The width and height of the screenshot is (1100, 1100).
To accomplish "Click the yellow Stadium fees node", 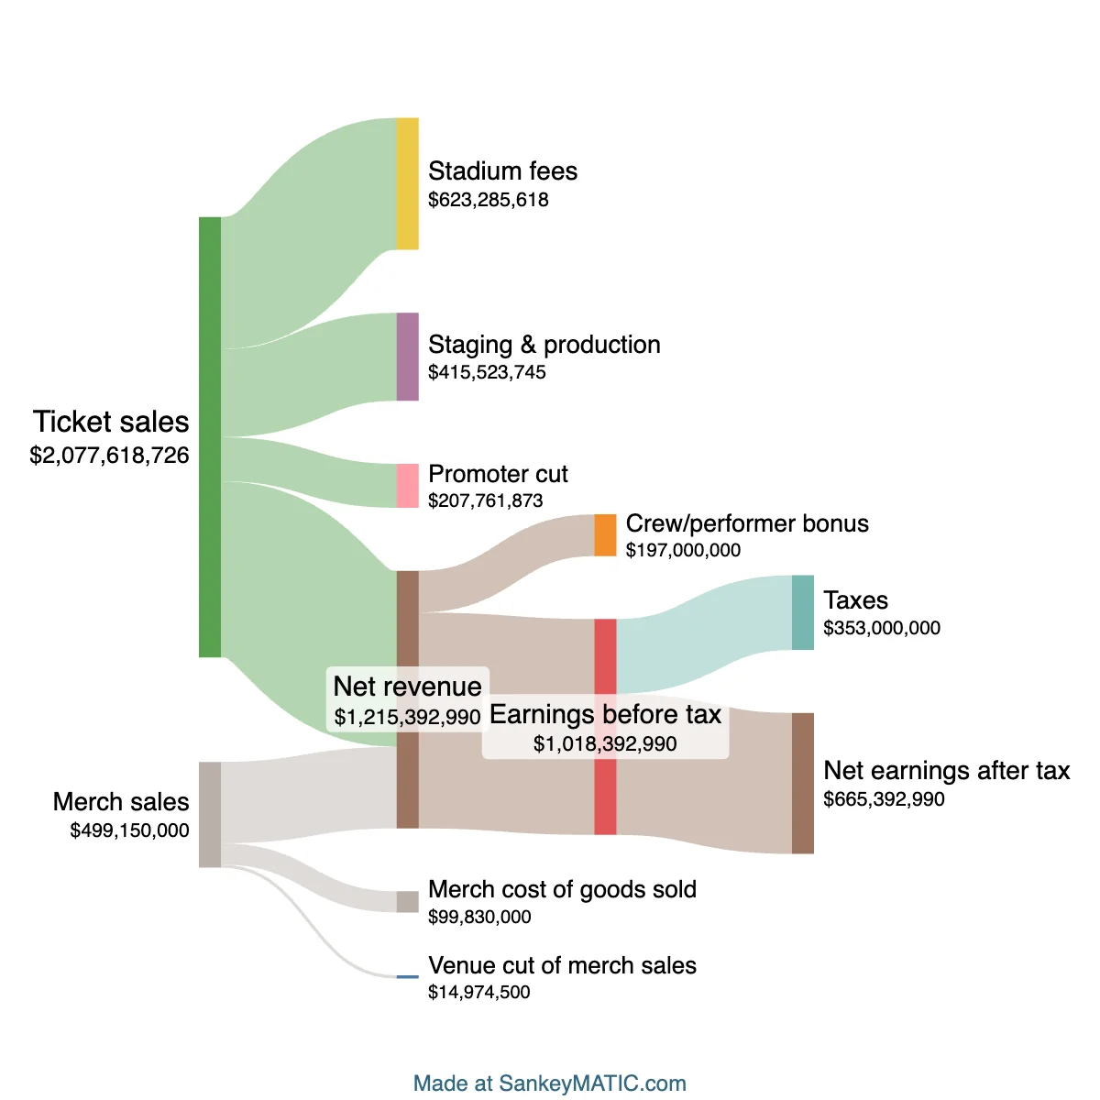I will click(407, 183).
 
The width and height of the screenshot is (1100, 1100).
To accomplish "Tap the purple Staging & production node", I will click(407, 357).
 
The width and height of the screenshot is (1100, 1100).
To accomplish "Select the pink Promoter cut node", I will click(407, 486).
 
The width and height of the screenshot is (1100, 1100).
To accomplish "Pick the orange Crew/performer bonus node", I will click(605, 535).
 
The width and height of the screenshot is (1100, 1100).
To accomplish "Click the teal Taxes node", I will click(802, 612).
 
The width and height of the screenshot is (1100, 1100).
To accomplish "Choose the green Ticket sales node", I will click(210, 437).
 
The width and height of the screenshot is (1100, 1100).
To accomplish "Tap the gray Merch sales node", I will click(210, 814).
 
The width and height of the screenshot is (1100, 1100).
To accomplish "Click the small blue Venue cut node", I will click(407, 977).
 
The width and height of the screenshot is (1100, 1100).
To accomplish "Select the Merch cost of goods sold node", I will click(407, 901).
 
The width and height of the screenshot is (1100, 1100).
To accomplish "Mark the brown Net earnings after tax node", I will click(802, 783).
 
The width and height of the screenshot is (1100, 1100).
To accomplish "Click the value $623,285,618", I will click(489, 200).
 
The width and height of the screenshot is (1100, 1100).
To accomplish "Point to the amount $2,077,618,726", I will click(109, 456).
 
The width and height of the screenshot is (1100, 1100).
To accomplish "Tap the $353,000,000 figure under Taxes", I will click(882, 628).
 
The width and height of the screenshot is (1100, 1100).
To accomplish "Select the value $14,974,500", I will click(479, 992).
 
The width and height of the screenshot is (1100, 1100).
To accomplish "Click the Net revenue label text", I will click(407, 687).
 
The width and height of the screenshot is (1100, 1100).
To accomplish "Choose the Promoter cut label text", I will click(498, 474).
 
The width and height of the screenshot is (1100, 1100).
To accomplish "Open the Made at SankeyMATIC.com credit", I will click(550, 1083).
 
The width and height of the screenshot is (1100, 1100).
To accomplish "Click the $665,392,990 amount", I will click(884, 799).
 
